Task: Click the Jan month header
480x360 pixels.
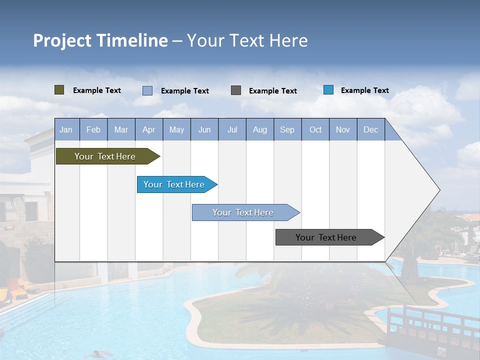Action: click(66, 129)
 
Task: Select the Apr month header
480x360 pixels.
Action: click(148, 129)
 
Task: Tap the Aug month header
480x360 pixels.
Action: click(259, 129)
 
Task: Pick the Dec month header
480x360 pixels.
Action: click(370, 129)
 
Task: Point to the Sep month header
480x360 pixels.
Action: click(287, 129)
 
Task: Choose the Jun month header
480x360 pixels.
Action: click(204, 129)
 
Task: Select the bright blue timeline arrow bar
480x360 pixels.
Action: click(175, 184)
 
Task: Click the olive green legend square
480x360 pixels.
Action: click(59, 90)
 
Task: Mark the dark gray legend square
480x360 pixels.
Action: click(236, 90)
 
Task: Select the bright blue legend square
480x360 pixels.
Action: click(328, 90)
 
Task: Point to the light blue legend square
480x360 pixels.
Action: click(147, 90)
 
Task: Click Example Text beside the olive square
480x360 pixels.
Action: click(97, 90)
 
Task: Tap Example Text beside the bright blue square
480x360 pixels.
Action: click(364, 90)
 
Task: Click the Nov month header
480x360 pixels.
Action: click(342, 129)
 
